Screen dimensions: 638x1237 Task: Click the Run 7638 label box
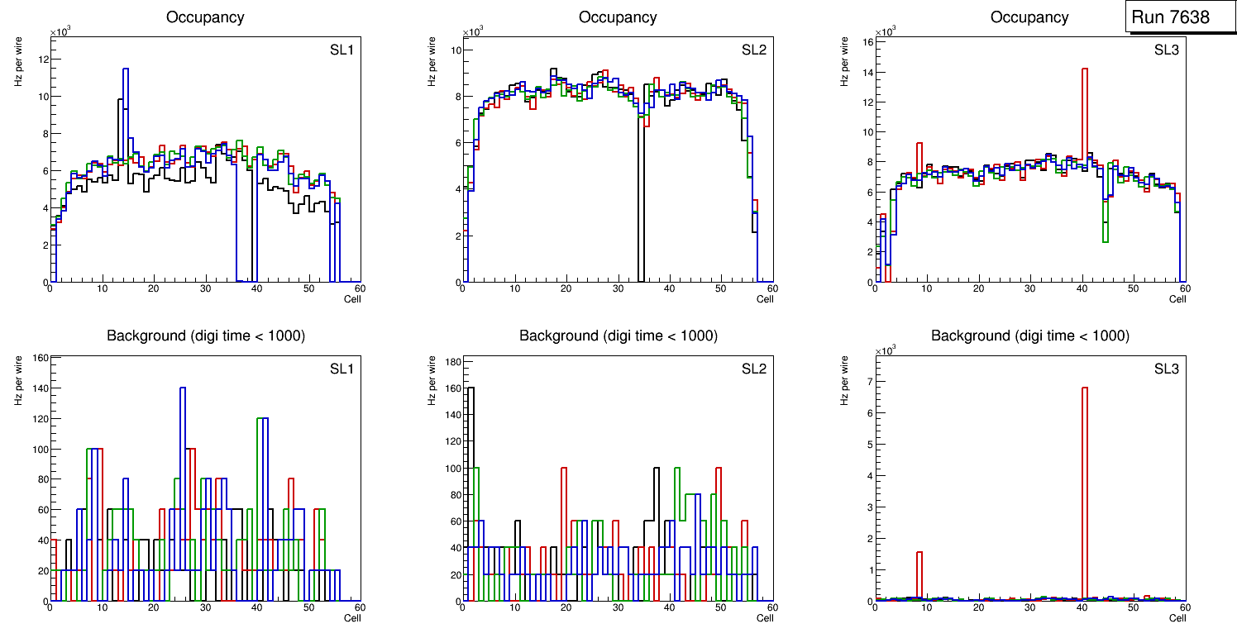coord(1176,17)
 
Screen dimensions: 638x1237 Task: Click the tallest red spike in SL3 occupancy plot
coord(1084,69)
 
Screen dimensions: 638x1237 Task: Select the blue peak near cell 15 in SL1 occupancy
coord(126,69)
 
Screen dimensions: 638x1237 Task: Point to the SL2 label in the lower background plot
coord(754,369)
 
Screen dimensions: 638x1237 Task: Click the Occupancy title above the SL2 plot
coord(618,17)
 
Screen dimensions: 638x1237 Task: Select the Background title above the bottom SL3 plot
coord(1029,336)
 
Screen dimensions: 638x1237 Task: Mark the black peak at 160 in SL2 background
coord(471,388)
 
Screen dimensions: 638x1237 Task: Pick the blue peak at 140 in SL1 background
coord(183,388)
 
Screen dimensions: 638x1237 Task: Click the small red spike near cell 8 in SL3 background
coord(919,552)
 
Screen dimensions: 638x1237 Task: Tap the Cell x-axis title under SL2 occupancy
coord(765,299)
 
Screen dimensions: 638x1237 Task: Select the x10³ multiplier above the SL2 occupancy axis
coord(473,32)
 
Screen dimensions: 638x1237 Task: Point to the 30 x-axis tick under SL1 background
coord(205,608)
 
